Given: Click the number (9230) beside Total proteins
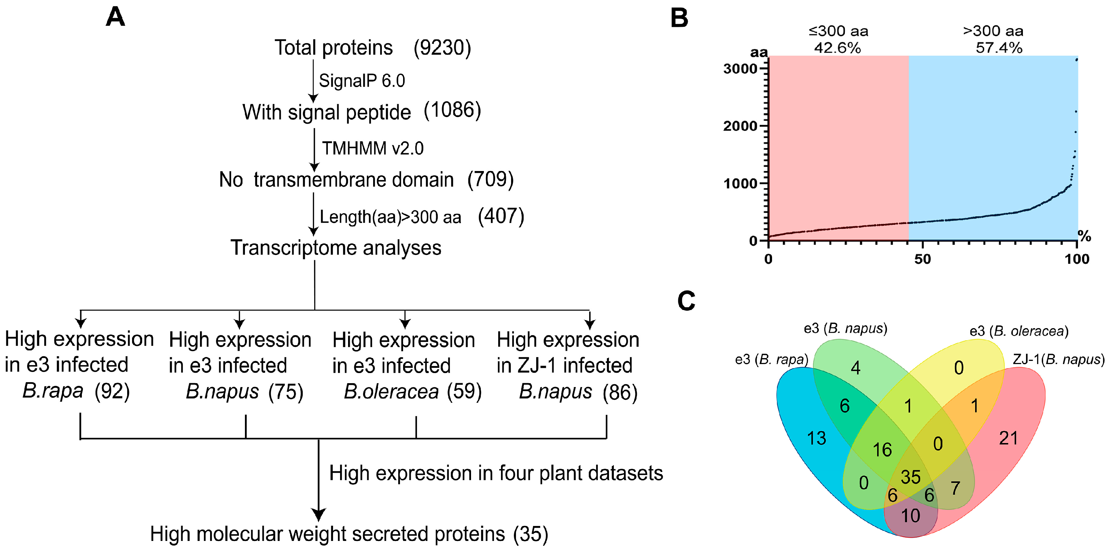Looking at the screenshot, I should pos(442,47).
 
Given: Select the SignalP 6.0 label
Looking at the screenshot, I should pos(362,81).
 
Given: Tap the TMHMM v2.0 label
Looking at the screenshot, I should pos(373,148).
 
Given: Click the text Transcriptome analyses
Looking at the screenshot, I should pos(336,248).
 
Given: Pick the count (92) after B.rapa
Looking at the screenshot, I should pos(112,392).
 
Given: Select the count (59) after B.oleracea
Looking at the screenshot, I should pos(464,392).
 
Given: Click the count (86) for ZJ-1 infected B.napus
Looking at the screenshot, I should pos(620,392).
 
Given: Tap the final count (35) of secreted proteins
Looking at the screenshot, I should pos(531,534).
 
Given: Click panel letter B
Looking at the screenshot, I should pos(679,18).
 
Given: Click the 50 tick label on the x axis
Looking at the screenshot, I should pos(923,259).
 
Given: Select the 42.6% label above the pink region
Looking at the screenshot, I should pos(837,48).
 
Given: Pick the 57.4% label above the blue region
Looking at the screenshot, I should pos(999,48).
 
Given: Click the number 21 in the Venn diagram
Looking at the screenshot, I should pos(1008,439).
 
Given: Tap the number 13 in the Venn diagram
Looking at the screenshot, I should pos(816,439).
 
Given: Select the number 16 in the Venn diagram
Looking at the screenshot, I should pos(882,450).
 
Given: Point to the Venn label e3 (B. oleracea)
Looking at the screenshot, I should pos(1019,331).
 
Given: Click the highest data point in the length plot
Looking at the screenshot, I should pos(1077,60).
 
